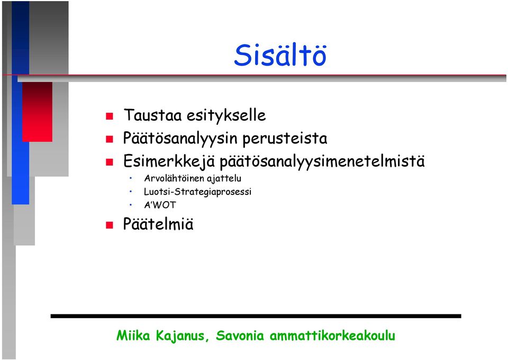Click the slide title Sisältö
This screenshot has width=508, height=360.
(x=280, y=55)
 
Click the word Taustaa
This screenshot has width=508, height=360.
(x=152, y=115)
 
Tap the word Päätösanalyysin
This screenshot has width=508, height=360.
(x=180, y=138)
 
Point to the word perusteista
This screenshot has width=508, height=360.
(x=285, y=139)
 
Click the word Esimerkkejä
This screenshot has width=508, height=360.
(x=169, y=161)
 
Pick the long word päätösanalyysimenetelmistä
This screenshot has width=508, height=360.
(x=322, y=161)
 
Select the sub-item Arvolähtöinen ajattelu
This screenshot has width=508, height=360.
(x=193, y=178)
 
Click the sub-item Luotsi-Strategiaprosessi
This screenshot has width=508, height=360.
(x=197, y=192)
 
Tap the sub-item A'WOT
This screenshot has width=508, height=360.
(x=160, y=205)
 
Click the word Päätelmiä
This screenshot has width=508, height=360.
(x=158, y=224)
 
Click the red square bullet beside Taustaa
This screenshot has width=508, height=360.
(x=110, y=116)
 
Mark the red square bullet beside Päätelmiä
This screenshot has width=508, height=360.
(x=110, y=225)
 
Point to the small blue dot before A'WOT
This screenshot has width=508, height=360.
(x=131, y=205)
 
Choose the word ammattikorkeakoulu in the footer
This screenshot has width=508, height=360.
(x=332, y=335)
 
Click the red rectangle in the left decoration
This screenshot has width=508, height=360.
(x=37, y=112)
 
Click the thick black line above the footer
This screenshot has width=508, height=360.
(x=256, y=316)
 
